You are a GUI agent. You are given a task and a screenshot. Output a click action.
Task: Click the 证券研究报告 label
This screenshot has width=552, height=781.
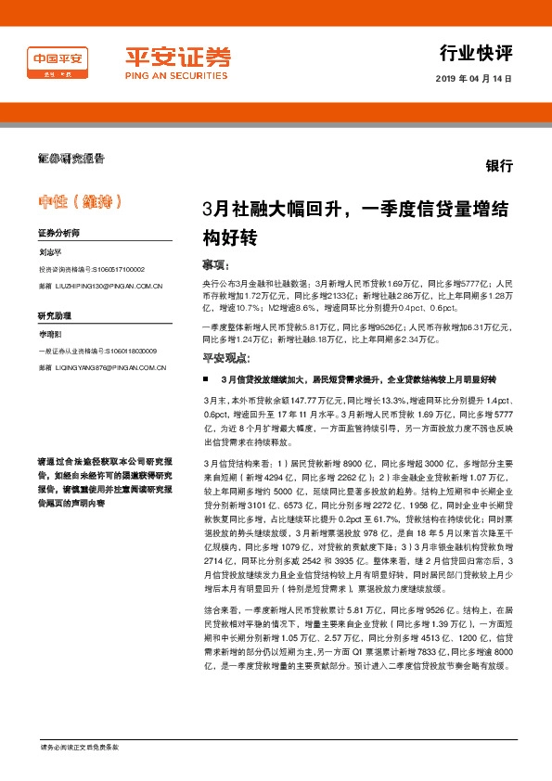point(71,158)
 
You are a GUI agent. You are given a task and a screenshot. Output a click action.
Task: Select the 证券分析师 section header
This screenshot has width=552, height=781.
point(59,233)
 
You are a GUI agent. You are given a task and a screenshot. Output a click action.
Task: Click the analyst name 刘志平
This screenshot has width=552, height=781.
point(52,251)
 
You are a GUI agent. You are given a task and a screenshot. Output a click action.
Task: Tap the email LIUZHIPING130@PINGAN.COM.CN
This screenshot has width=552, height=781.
point(108,288)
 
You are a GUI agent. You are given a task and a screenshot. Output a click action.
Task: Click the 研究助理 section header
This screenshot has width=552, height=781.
point(55,315)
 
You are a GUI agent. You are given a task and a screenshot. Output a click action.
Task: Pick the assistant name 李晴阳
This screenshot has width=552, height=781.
point(52,333)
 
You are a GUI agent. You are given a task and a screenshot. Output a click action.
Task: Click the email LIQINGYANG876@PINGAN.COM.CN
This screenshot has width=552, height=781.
point(109,368)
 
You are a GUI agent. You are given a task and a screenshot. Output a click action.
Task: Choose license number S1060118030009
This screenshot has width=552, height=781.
point(125,351)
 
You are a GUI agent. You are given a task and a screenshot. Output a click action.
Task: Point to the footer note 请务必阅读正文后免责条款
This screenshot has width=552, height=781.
point(80,747)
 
